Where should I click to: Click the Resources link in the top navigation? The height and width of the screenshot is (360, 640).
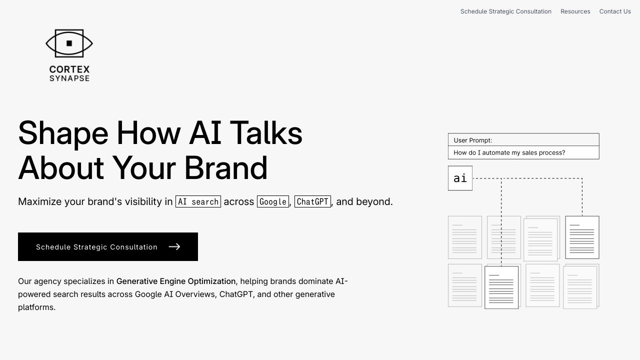575,11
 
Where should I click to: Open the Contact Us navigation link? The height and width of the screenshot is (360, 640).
615,11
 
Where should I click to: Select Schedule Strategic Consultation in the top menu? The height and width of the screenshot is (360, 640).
505,11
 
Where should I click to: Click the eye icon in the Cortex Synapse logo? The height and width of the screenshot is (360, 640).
69,43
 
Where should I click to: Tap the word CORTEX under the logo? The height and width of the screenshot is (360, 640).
69,69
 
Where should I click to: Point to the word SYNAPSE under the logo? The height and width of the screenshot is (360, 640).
69,78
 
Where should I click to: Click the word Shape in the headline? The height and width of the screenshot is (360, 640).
63,133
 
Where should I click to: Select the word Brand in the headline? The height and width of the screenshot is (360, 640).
225,168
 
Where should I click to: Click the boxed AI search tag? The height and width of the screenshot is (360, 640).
198,201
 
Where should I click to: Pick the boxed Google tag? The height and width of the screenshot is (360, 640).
273,201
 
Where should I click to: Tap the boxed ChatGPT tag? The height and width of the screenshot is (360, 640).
312,201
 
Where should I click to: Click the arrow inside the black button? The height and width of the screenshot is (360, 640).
174,246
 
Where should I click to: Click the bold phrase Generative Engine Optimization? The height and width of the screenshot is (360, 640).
176,281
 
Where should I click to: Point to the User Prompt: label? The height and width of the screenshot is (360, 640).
472,140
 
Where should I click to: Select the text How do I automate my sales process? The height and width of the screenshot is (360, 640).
509,152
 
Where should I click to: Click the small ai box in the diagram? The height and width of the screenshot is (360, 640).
460,178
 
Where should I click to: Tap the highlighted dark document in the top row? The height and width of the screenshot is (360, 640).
582,237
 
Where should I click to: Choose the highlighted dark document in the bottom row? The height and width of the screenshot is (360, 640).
501,287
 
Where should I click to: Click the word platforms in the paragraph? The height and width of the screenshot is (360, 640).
36,307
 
